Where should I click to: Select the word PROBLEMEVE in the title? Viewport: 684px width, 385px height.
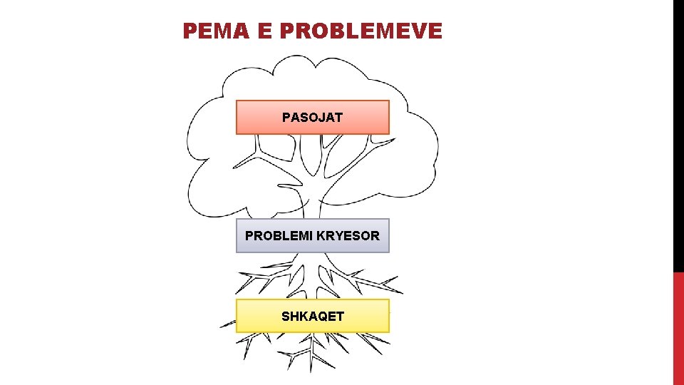point(361,31)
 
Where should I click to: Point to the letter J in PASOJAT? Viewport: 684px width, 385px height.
point(321,117)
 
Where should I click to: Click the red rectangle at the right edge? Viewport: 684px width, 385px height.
point(678,328)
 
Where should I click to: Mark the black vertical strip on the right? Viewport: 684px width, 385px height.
point(678,135)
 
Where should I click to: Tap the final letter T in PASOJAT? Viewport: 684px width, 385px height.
point(338,117)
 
